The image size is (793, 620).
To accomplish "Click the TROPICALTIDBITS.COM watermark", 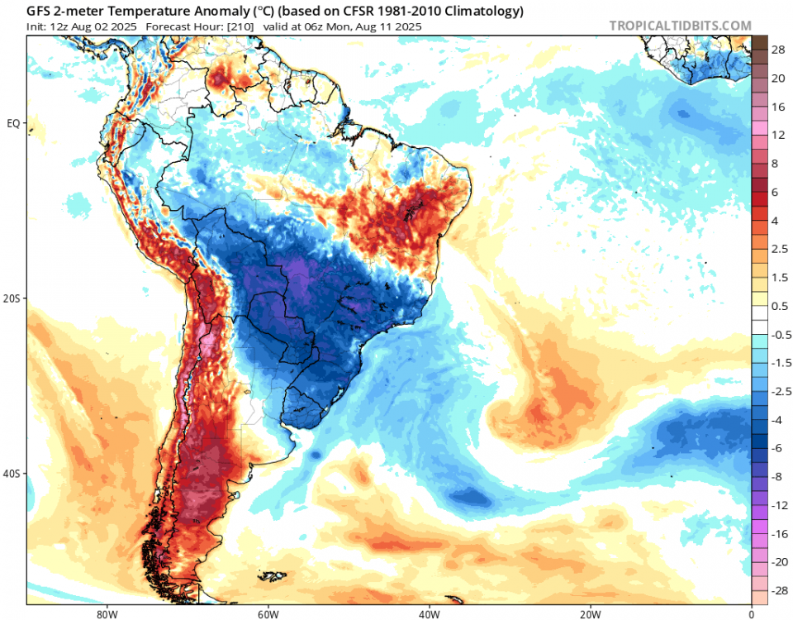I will click(x=680, y=26).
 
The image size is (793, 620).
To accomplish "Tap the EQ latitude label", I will click(x=14, y=123).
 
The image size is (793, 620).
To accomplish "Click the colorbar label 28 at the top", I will click(x=777, y=50).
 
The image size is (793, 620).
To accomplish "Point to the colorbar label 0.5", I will click(x=777, y=307).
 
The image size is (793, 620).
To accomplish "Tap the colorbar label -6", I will click(x=777, y=447).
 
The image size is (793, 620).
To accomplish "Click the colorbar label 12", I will click(x=777, y=135).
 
